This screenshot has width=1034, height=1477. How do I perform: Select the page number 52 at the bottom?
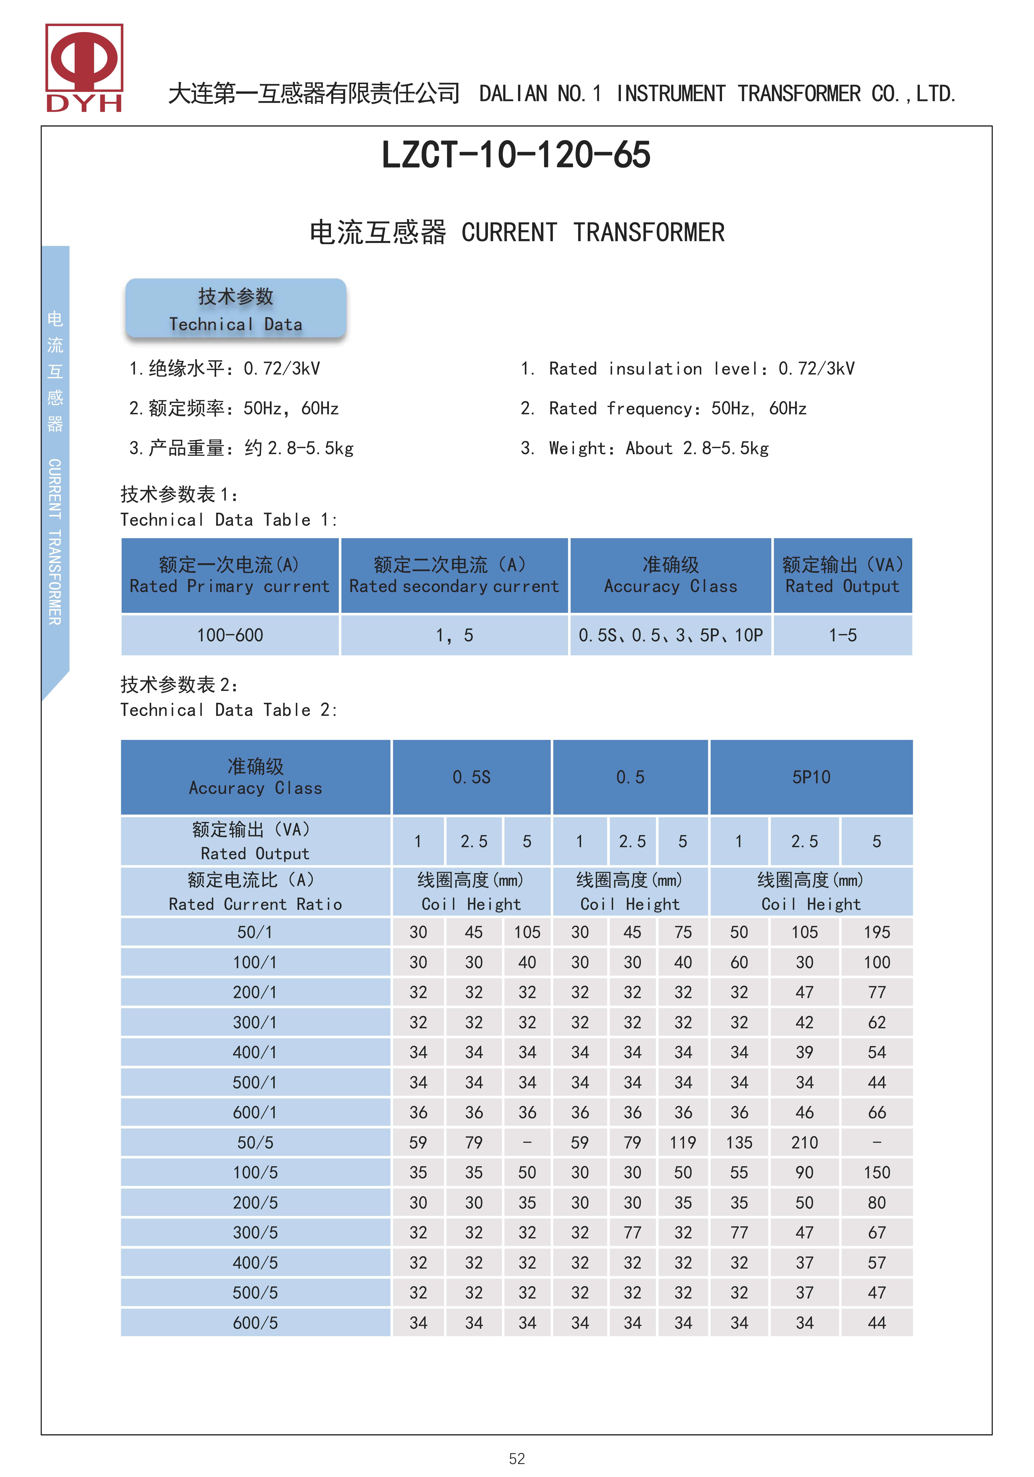pyautogui.click(x=516, y=1458)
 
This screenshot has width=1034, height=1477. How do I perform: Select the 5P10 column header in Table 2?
pyautogui.click(x=811, y=777)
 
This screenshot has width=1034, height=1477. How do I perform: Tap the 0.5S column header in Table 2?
pyautogui.click(x=471, y=777)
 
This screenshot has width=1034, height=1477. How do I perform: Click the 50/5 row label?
pyautogui.click(x=255, y=1143)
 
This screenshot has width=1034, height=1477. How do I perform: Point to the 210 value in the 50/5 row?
pyautogui.click(x=804, y=1143)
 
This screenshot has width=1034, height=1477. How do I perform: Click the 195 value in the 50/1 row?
pyautogui.click(x=876, y=932)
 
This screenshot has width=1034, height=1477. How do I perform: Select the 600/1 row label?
pyautogui.click(x=255, y=1112)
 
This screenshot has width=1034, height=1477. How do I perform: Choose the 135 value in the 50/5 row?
pyautogui.click(x=739, y=1143)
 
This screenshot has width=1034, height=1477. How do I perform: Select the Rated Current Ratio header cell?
pyautogui.click(x=255, y=892)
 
